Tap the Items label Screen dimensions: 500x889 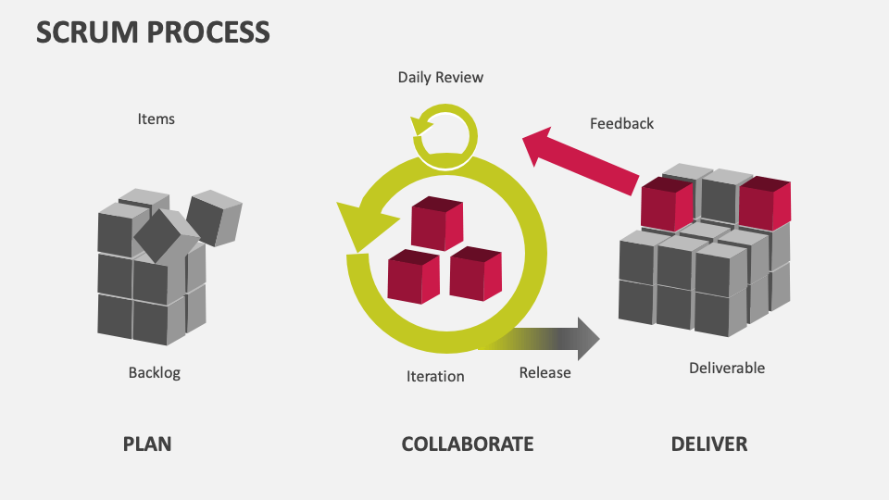coord(156,119)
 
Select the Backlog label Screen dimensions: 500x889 coord(154,373)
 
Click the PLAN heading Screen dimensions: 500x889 coord(147,444)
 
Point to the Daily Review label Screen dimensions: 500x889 coord(440,77)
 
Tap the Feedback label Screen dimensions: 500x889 coord(621,123)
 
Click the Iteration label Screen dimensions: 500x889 coord(435,376)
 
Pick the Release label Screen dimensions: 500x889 coord(545,372)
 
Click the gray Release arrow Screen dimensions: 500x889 coord(556,339)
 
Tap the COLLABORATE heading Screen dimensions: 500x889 coord(467,444)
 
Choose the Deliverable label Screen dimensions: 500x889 coord(727,368)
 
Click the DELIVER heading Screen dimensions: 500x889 coord(708,444)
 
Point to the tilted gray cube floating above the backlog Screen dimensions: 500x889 coord(214,218)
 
